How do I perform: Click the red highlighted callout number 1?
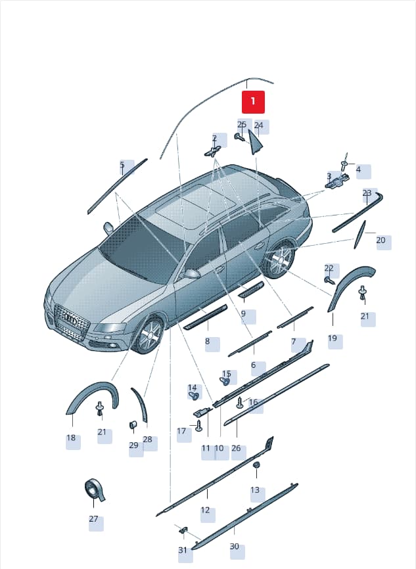tap(253, 102)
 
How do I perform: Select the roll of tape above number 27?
tap(95, 489)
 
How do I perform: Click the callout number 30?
tap(235, 546)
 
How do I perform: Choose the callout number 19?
tap(332, 338)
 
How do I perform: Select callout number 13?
tap(255, 490)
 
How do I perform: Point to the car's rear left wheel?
tap(281, 259)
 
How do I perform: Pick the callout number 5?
tap(122, 165)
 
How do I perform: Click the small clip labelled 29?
tap(133, 424)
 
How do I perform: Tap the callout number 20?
tap(381, 240)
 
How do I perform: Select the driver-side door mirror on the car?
tap(193, 273)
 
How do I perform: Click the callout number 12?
tap(205, 510)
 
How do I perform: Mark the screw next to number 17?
tap(199, 426)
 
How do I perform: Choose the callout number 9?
tap(243, 313)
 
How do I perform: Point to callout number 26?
tap(236, 448)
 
